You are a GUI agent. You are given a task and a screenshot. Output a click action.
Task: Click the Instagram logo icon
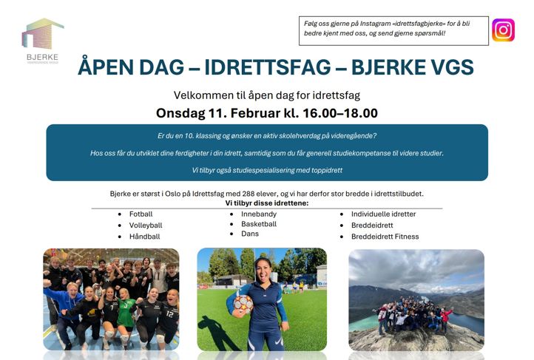coord(503,30)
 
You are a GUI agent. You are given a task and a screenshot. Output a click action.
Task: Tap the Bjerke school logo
coord(42,41)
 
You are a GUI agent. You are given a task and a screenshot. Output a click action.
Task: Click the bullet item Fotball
coord(141,214)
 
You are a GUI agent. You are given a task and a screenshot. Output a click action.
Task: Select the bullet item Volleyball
coord(145,225)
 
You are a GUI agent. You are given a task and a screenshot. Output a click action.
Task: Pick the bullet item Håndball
coord(144,237)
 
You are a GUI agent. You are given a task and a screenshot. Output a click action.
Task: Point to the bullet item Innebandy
coord(259,214)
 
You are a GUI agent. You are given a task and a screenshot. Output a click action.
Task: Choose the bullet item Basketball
coord(259,224)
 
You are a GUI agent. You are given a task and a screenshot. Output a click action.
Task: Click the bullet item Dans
coord(250,234)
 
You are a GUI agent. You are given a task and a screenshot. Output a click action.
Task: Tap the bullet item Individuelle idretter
coord(383,214)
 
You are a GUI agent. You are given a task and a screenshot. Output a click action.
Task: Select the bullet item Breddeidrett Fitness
coord(385,237)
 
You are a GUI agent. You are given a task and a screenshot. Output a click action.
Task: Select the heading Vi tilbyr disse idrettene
coord(266,203)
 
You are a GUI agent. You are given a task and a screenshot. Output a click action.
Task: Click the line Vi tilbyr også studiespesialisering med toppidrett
coord(267,170)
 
